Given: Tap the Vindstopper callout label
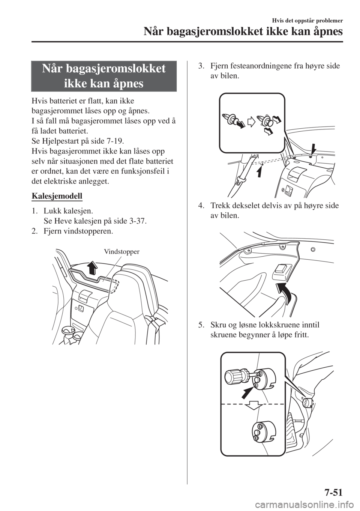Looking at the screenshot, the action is [x=122, y=252].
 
